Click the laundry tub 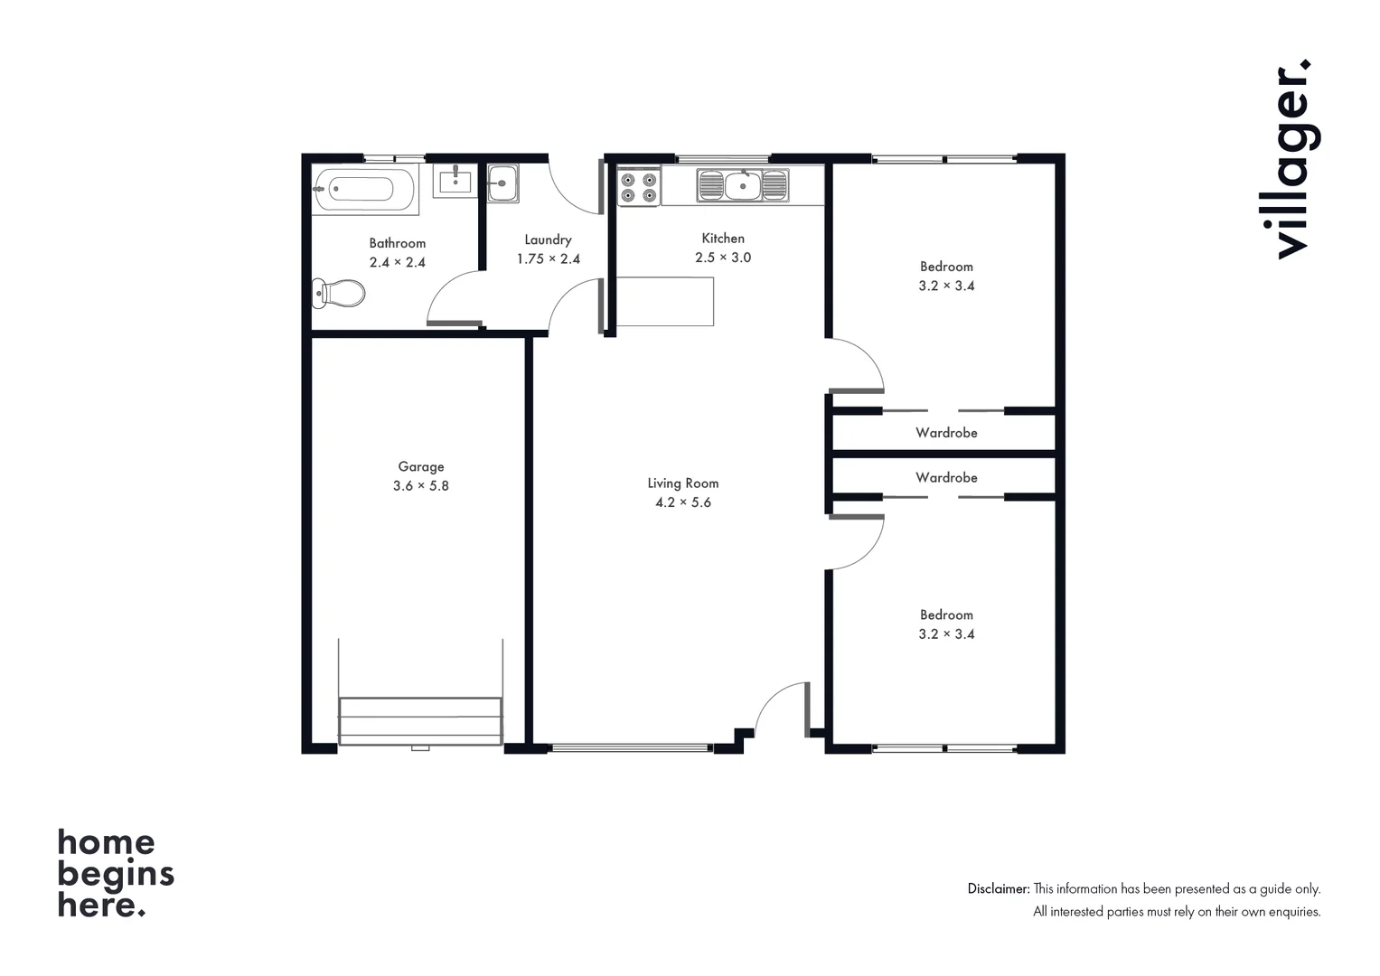tap(502, 183)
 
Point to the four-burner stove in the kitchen tap(638, 187)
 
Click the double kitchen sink tap(742, 186)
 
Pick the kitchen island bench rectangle tap(665, 302)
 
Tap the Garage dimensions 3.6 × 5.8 tap(420, 486)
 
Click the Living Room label tap(682, 483)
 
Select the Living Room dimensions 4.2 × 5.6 tap(682, 502)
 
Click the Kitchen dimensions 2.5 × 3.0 tap(723, 258)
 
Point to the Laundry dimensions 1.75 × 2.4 tap(548, 259)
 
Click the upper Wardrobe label tap(946, 433)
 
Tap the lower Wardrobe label tap(946, 477)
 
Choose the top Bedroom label tap(946, 267)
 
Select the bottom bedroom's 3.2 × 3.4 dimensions tap(946, 634)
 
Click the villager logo tap(1292, 160)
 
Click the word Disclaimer tap(998, 889)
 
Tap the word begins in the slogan tap(116, 875)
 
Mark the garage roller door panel tap(420, 720)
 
